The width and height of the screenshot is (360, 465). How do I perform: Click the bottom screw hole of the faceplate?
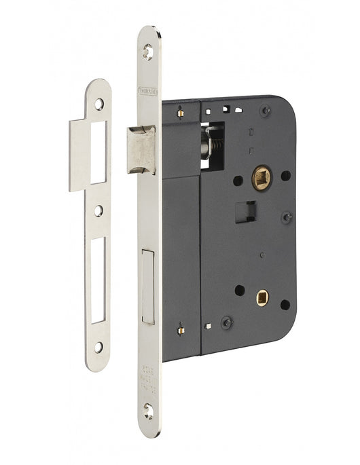coord(149,407)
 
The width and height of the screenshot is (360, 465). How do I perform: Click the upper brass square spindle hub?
coord(262,179)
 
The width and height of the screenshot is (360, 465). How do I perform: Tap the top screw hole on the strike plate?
coord(99,104)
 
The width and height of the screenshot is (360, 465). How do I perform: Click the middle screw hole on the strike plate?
coord(99,211)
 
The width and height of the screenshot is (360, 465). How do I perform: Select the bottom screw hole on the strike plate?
coord(99,347)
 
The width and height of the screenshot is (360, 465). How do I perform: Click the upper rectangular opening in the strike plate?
coord(99,153)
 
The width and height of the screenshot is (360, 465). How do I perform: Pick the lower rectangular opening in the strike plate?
coord(99,278)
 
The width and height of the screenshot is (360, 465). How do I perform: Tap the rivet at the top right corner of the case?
coord(265,111)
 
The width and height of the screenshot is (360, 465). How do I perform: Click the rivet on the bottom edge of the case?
coord(227,322)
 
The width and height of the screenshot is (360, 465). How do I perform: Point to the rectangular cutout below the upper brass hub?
coord(249,211)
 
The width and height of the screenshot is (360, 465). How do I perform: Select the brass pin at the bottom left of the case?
coord(181,329)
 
